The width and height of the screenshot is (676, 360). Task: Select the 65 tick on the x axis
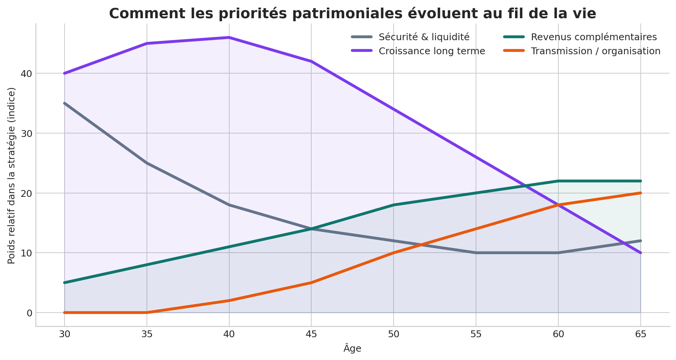click(x=641, y=335)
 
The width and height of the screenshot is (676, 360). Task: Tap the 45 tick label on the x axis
click(x=311, y=335)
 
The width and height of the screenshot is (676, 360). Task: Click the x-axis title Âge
click(x=352, y=349)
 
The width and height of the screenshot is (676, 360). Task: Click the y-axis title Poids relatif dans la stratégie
click(x=12, y=176)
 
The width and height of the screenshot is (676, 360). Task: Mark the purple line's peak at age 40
click(x=229, y=37)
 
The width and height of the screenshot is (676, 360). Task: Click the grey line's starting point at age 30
click(x=65, y=103)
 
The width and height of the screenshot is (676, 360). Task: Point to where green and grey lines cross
click(x=311, y=229)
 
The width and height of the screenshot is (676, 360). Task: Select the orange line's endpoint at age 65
click(x=641, y=193)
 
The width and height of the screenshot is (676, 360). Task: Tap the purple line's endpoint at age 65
click(x=641, y=253)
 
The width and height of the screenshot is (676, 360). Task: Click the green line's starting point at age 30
click(x=65, y=283)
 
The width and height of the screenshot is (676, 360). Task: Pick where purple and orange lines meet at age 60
click(x=558, y=205)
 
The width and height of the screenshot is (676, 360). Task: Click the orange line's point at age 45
click(x=311, y=283)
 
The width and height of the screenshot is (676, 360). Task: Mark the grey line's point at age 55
click(x=476, y=253)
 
